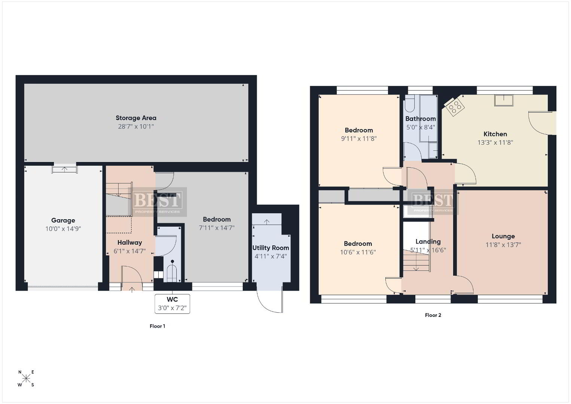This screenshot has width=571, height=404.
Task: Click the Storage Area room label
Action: pyautogui.click(x=136, y=118)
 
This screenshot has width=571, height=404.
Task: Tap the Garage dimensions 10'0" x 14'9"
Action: pyautogui.click(x=63, y=229)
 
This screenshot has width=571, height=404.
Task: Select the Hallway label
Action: pyautogui.click(x=130, y=243)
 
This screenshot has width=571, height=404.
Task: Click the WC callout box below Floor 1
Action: pyautogui.click(x=172, y=304)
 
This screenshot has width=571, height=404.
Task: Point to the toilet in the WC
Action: pyautogui.click(x=172, y=272)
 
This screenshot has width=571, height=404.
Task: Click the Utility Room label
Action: pyautogui.click(x=271, y=248)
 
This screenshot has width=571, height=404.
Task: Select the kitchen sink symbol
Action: pyautogui.click(x=504, y=100)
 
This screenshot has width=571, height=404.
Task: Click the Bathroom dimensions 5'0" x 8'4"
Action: pyautogui.click(x=421, y=127)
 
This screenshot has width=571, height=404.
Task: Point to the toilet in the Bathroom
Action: pyautogui.click(x=410, y=104)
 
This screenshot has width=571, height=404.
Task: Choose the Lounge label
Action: pyautogui.click(x=503, y=236)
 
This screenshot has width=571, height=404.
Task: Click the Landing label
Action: pyautogui.click(x=428, y=242)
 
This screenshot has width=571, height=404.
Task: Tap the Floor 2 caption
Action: pyautogui.click(x=433, y=315)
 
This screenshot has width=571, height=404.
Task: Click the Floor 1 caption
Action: pyautogui.click(x=157, y=326)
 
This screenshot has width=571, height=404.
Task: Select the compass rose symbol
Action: pyautogui.click(x=26, y=378)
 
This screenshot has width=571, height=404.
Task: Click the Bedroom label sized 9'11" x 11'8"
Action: pyautogui.click(x=359, y=130)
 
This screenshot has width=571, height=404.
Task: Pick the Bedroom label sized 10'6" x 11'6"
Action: pyautogui.click(x=358, y=244)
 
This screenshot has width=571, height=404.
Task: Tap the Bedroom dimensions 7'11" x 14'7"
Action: pyautogui.click(x=217, y=227)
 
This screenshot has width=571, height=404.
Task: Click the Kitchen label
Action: pyautogui.click(x=495, y=134)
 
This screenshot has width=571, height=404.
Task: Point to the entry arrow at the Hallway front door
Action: pyautogui.click(x=132, y=289)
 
